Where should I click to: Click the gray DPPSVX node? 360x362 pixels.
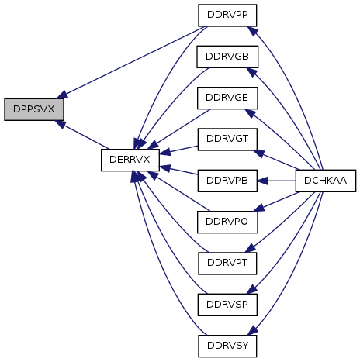(x=34, y=109)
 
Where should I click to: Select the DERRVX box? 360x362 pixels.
(x=130, y=160)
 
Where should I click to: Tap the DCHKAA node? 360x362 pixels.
(x=326, y=181)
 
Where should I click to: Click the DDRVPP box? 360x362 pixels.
(x=227, y=16)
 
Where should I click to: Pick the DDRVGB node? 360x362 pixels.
(x=227, y=57)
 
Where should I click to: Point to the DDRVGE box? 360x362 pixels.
(x=227, y=98)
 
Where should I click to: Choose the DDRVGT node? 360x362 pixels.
(x=227, y=140)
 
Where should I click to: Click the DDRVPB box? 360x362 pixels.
(x=227, y=181)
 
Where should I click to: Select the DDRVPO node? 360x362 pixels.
(x=227, y=222)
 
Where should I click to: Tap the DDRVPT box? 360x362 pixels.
(x=227, y=264)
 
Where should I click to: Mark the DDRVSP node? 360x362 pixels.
(x=227, y=305)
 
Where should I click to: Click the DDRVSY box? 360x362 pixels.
(x=227, y=346)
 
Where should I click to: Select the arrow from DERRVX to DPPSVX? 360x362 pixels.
(x=82, y=135)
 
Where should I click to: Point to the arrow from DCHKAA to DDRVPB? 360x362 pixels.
(x=276, y=181)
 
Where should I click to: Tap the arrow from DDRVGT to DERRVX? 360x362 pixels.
(x=178, y=150)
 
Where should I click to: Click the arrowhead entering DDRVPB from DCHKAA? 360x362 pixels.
(x=262, y=181)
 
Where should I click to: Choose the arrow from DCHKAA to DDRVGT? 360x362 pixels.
(x=276, y=160)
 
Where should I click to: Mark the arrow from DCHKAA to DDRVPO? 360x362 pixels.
(x=276, y=202)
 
